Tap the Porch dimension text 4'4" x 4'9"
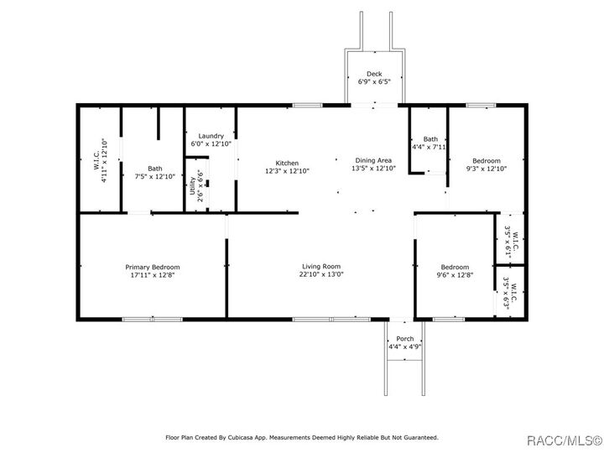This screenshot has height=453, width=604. click(404, 346)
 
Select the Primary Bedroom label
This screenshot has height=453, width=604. click(154, 266)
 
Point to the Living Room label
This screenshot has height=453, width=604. click(322, 266)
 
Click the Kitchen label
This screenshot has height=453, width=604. click(287, 162)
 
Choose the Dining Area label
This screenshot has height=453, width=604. click(373, 160)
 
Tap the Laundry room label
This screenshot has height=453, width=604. click(210, 136)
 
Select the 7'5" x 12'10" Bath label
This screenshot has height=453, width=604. click(154, 168)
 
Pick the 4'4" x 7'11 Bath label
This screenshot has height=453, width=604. click(430, 139)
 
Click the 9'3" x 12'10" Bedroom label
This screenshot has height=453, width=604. click(486, 161)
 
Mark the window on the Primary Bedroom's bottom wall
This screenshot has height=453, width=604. click(152, 319)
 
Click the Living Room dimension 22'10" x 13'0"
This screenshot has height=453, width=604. click(322, 274)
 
